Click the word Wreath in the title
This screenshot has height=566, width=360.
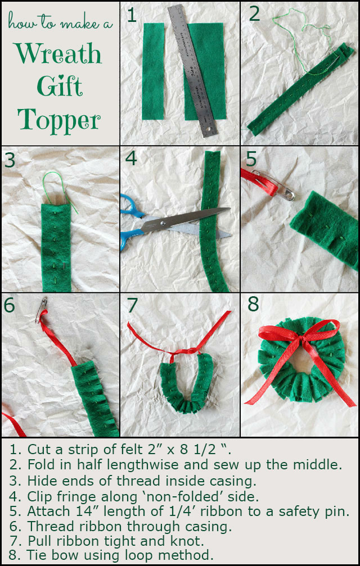click(59, 53)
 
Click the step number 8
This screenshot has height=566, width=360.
click(253, 304)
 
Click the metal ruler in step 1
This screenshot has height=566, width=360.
click(192, 71)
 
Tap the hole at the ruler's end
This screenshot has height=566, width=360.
click(208, 129)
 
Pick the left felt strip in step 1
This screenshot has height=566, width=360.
click(153, 71)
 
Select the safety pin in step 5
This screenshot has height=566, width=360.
click(273, 185)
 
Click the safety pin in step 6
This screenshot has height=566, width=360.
click(41, 309)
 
